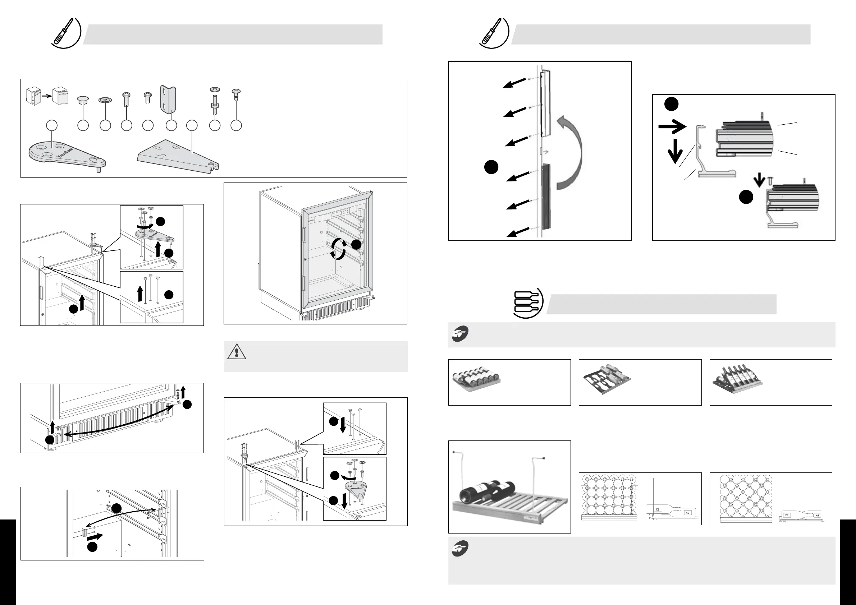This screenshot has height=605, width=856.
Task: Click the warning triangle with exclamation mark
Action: point(236,352)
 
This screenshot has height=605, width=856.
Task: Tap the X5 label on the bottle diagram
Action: point(658,509)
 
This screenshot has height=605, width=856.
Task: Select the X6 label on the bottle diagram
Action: point(687,513)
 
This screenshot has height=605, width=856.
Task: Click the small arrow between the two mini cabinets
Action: point(46,96)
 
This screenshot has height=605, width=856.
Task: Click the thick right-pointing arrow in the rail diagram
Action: point(672,127)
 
